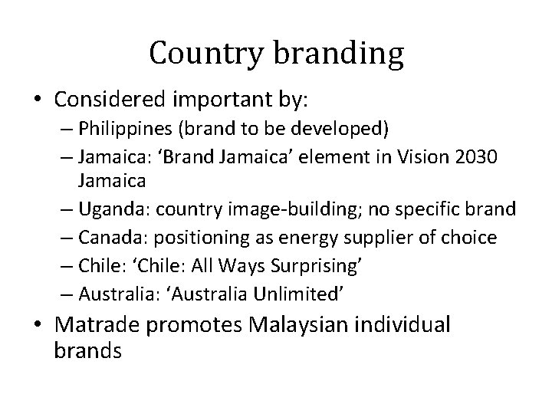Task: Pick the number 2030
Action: pos(475,156)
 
